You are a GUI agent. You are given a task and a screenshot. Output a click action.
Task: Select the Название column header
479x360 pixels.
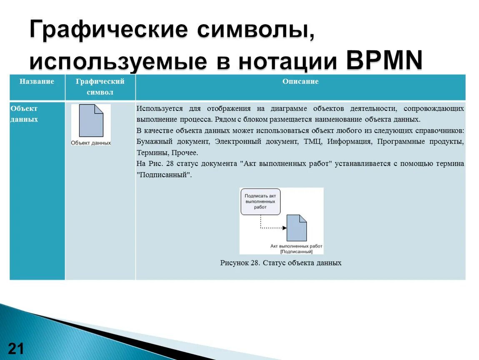tap(37, 82)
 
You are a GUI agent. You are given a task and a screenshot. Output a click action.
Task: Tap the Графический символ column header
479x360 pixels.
tap(100, 87)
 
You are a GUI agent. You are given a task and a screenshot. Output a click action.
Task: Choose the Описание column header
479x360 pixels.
tap(300, 82)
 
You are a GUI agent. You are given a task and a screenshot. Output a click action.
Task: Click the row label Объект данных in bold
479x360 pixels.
tap(24, 114)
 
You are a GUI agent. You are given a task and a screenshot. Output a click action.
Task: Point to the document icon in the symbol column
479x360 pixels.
tap(91, 121)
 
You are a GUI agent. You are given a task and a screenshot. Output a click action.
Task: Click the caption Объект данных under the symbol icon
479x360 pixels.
tap(91, 143)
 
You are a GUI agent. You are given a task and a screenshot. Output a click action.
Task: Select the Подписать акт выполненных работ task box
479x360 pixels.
tap(260, 201)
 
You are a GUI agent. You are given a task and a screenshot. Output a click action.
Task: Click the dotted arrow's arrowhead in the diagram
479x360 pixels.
tap(284, 228)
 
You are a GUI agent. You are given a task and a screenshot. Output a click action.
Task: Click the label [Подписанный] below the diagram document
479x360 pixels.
tap(297, 251)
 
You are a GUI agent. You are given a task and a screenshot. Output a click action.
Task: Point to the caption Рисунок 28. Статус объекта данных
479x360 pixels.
tap(281, 263)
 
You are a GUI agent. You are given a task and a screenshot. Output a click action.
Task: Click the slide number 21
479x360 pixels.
tap(16, 348)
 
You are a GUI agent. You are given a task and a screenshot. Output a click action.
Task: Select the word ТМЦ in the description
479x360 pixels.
tap(312, 142)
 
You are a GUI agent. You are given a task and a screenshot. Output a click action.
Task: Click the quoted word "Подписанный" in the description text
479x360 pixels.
tap(164, 175)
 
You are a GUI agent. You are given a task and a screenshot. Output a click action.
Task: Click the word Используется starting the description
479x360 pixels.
tap(160, 109)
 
